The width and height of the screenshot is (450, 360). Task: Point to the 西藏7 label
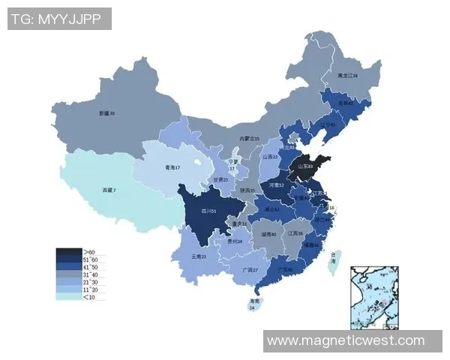(x=109, y=190)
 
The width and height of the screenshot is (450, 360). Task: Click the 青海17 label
(x=172, y=168)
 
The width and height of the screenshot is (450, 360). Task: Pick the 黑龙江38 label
(x=347, y=76)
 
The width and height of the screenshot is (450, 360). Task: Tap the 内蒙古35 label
(x=249, y=139)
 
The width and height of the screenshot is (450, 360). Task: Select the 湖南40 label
(x=268, y=234)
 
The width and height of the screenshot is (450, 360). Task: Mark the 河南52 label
(x=276, y=184)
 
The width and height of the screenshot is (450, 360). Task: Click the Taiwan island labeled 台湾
(x=335, y=262)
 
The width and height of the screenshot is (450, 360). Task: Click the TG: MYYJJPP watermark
(x=59, y=19)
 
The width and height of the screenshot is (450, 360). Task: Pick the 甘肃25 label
(x=220, y=180)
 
